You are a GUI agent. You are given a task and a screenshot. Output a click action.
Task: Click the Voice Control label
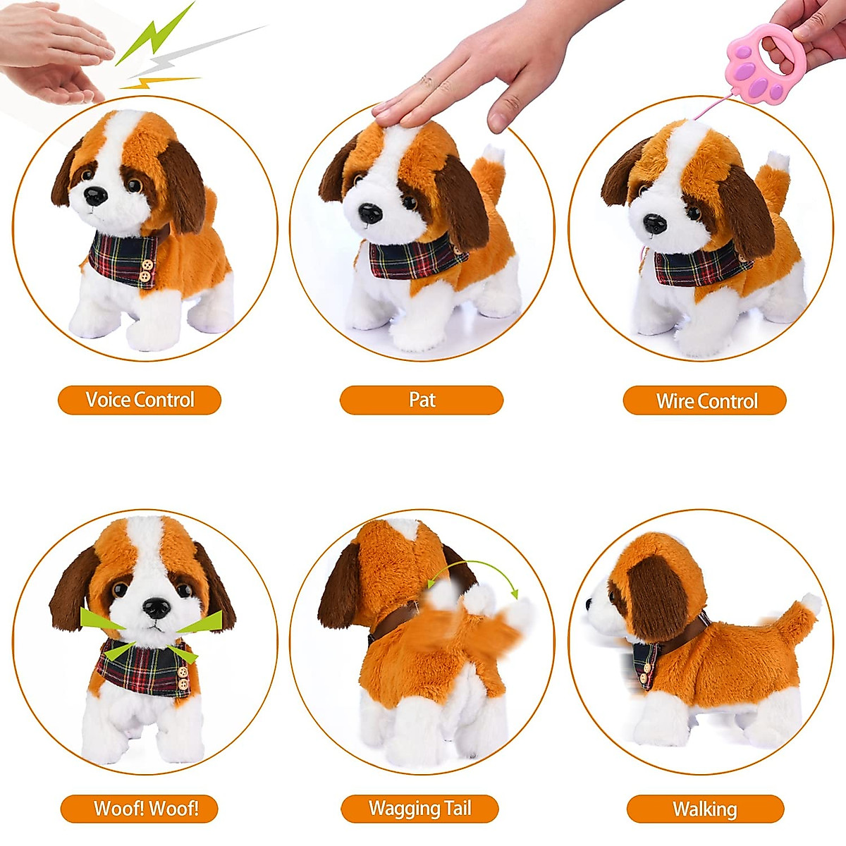(x=140, y=400)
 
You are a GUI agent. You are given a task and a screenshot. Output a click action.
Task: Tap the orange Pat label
(x=422, y=400)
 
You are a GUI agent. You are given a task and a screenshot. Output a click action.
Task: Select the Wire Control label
(x=705, y=400)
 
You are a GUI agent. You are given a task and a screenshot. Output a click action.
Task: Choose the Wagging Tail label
(x=420, y=809)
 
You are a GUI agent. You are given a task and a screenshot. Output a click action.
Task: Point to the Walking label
(x=705, y=809)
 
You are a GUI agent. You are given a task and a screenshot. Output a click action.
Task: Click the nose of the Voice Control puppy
(x=95, y=195)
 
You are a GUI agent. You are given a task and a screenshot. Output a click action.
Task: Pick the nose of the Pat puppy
(x=370, y=212)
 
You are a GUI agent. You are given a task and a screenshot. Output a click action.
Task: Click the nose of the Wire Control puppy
(x=654, y=223)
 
